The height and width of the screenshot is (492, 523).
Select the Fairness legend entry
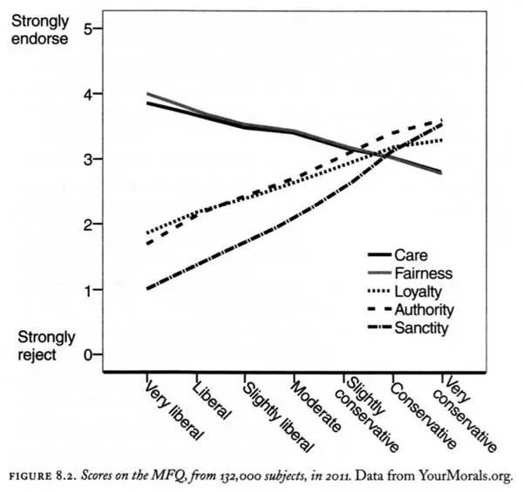(418, 273)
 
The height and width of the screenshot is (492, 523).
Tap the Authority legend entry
(420, 309)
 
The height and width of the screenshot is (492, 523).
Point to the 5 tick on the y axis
(87, 28)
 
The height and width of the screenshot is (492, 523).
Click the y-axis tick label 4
(87, 93)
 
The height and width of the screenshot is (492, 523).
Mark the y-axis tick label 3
(87, 158)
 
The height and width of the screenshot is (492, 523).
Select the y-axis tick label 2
(87, 224)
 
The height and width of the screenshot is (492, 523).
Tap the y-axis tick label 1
(87, 289)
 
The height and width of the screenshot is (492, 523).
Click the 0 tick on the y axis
(87, 354)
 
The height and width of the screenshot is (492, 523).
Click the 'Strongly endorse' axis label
(39, 30)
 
